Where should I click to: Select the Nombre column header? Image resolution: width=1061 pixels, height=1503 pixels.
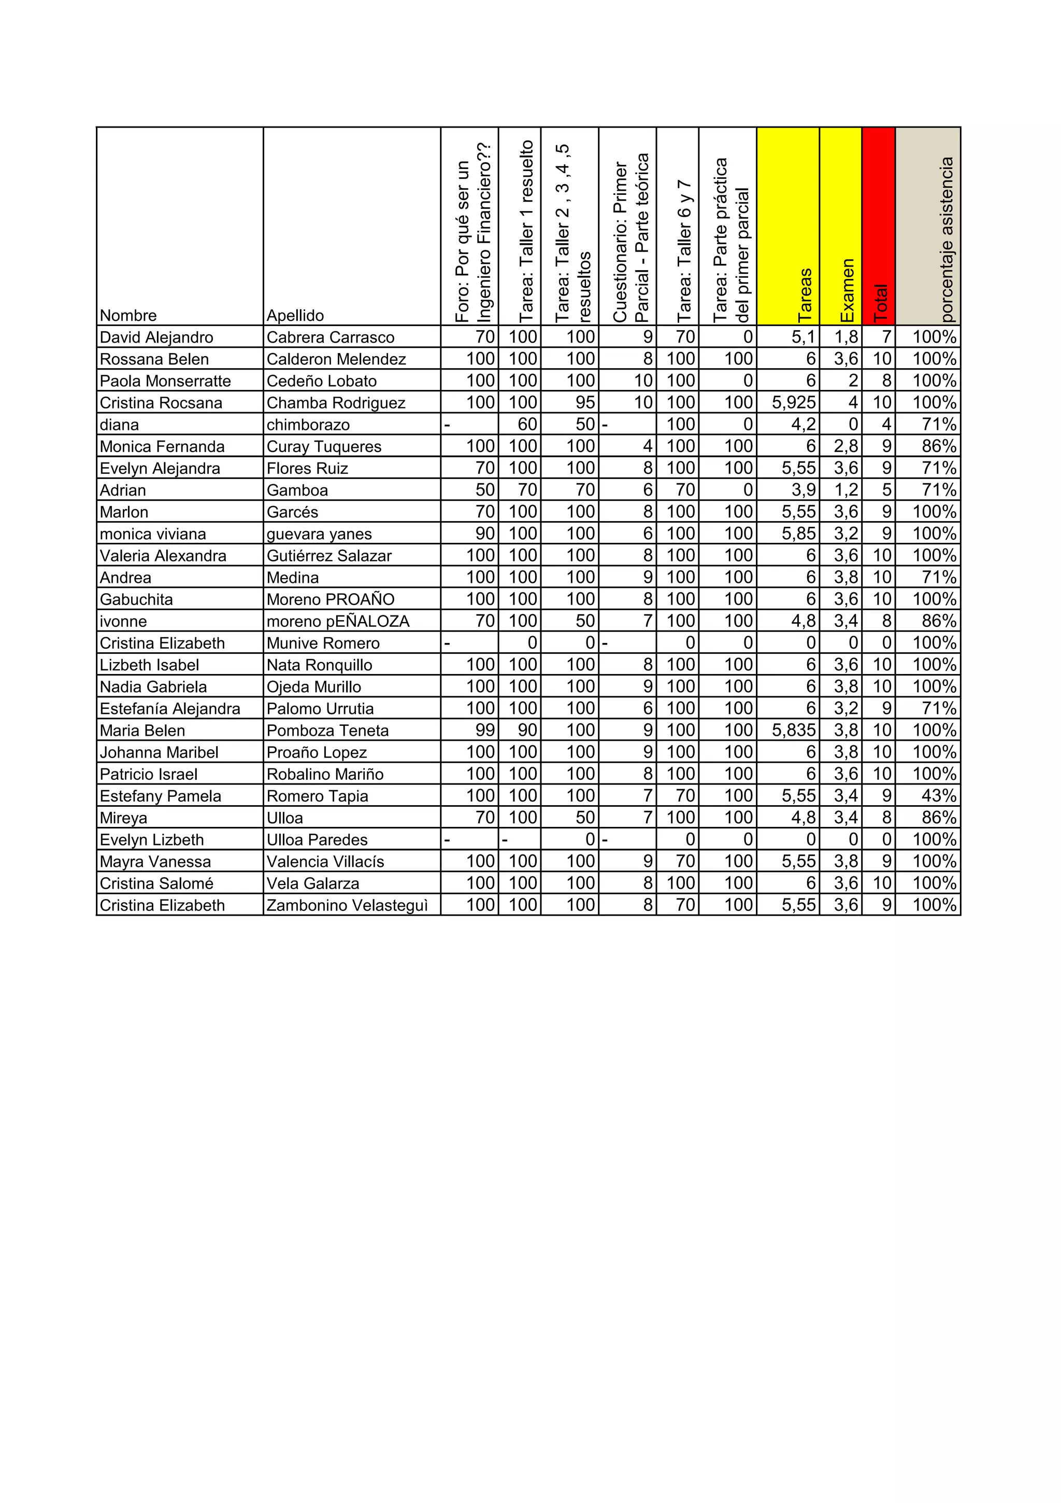pyautogui.click(x=128, y=316)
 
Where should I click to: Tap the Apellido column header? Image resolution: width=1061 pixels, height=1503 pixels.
pyautogui.click(x=295, y=316)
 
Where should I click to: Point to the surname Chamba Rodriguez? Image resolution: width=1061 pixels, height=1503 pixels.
pyautogui.click(x=336, y=403)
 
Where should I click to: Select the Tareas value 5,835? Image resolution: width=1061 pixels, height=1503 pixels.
pyautogui.click(x=794, y=730)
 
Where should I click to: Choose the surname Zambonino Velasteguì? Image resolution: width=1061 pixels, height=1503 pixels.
pyautogui.click(x=347, y=905)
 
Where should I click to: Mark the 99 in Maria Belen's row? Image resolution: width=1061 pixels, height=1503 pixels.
pyautogui.click(x=485, y=730)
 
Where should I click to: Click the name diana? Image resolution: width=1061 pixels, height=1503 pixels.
pyautogui.click(x=119, y=425)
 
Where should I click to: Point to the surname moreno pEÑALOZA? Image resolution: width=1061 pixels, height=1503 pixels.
pyautogui.click(x=338, y=621)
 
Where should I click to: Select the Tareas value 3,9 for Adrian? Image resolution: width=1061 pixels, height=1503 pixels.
pyautogui.click(x=804, y=489)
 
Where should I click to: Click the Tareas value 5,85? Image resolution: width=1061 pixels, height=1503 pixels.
pyautogui.click(x=799, y=533)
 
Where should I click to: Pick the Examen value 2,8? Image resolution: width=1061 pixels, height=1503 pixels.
pyautogui.click(x=846, y=446)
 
